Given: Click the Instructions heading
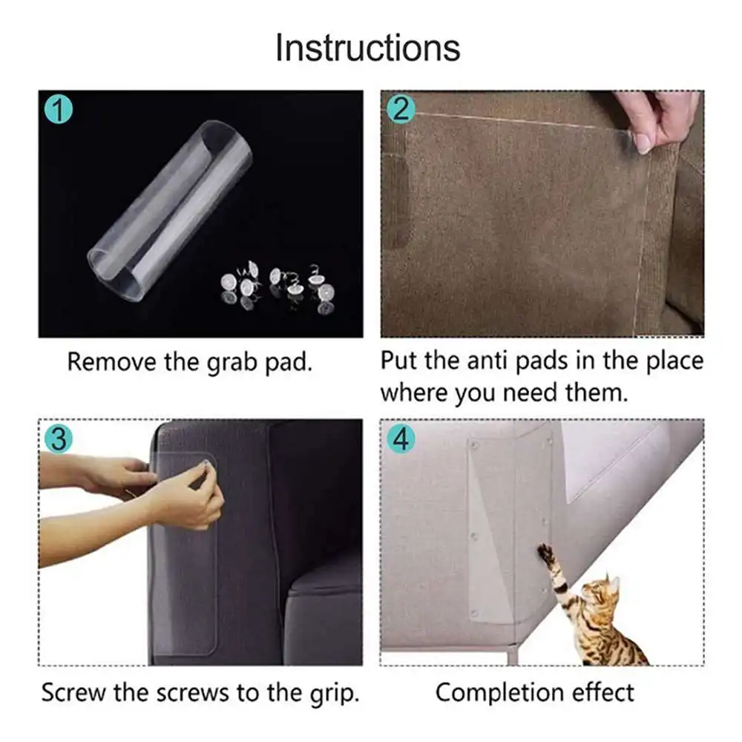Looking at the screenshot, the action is coord(368,47).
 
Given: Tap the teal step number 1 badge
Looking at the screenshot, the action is coord(59,110).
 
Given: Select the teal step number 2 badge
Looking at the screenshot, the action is coord(401,110).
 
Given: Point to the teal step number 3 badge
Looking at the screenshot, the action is coord(59,439).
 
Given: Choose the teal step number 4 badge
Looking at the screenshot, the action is coord(401,439).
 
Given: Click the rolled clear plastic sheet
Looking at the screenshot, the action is coord(169,211).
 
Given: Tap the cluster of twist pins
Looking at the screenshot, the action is coord(278,286).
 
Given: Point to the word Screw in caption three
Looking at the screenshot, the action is coord(73,693).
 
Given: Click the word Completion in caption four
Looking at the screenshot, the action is coord(499,694).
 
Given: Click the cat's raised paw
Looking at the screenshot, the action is coord(545,552).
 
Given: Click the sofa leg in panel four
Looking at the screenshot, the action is coord(513,655).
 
